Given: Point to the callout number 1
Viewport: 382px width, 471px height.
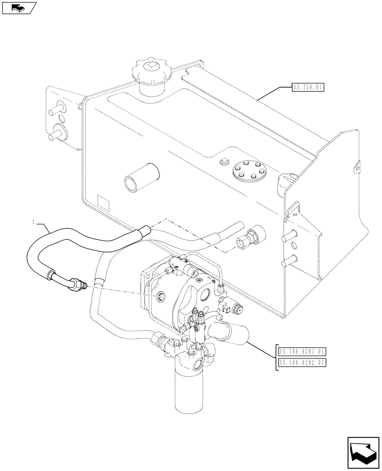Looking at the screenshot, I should tap(33, 221).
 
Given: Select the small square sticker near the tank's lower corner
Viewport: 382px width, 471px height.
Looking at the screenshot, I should tap(103, 202).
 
